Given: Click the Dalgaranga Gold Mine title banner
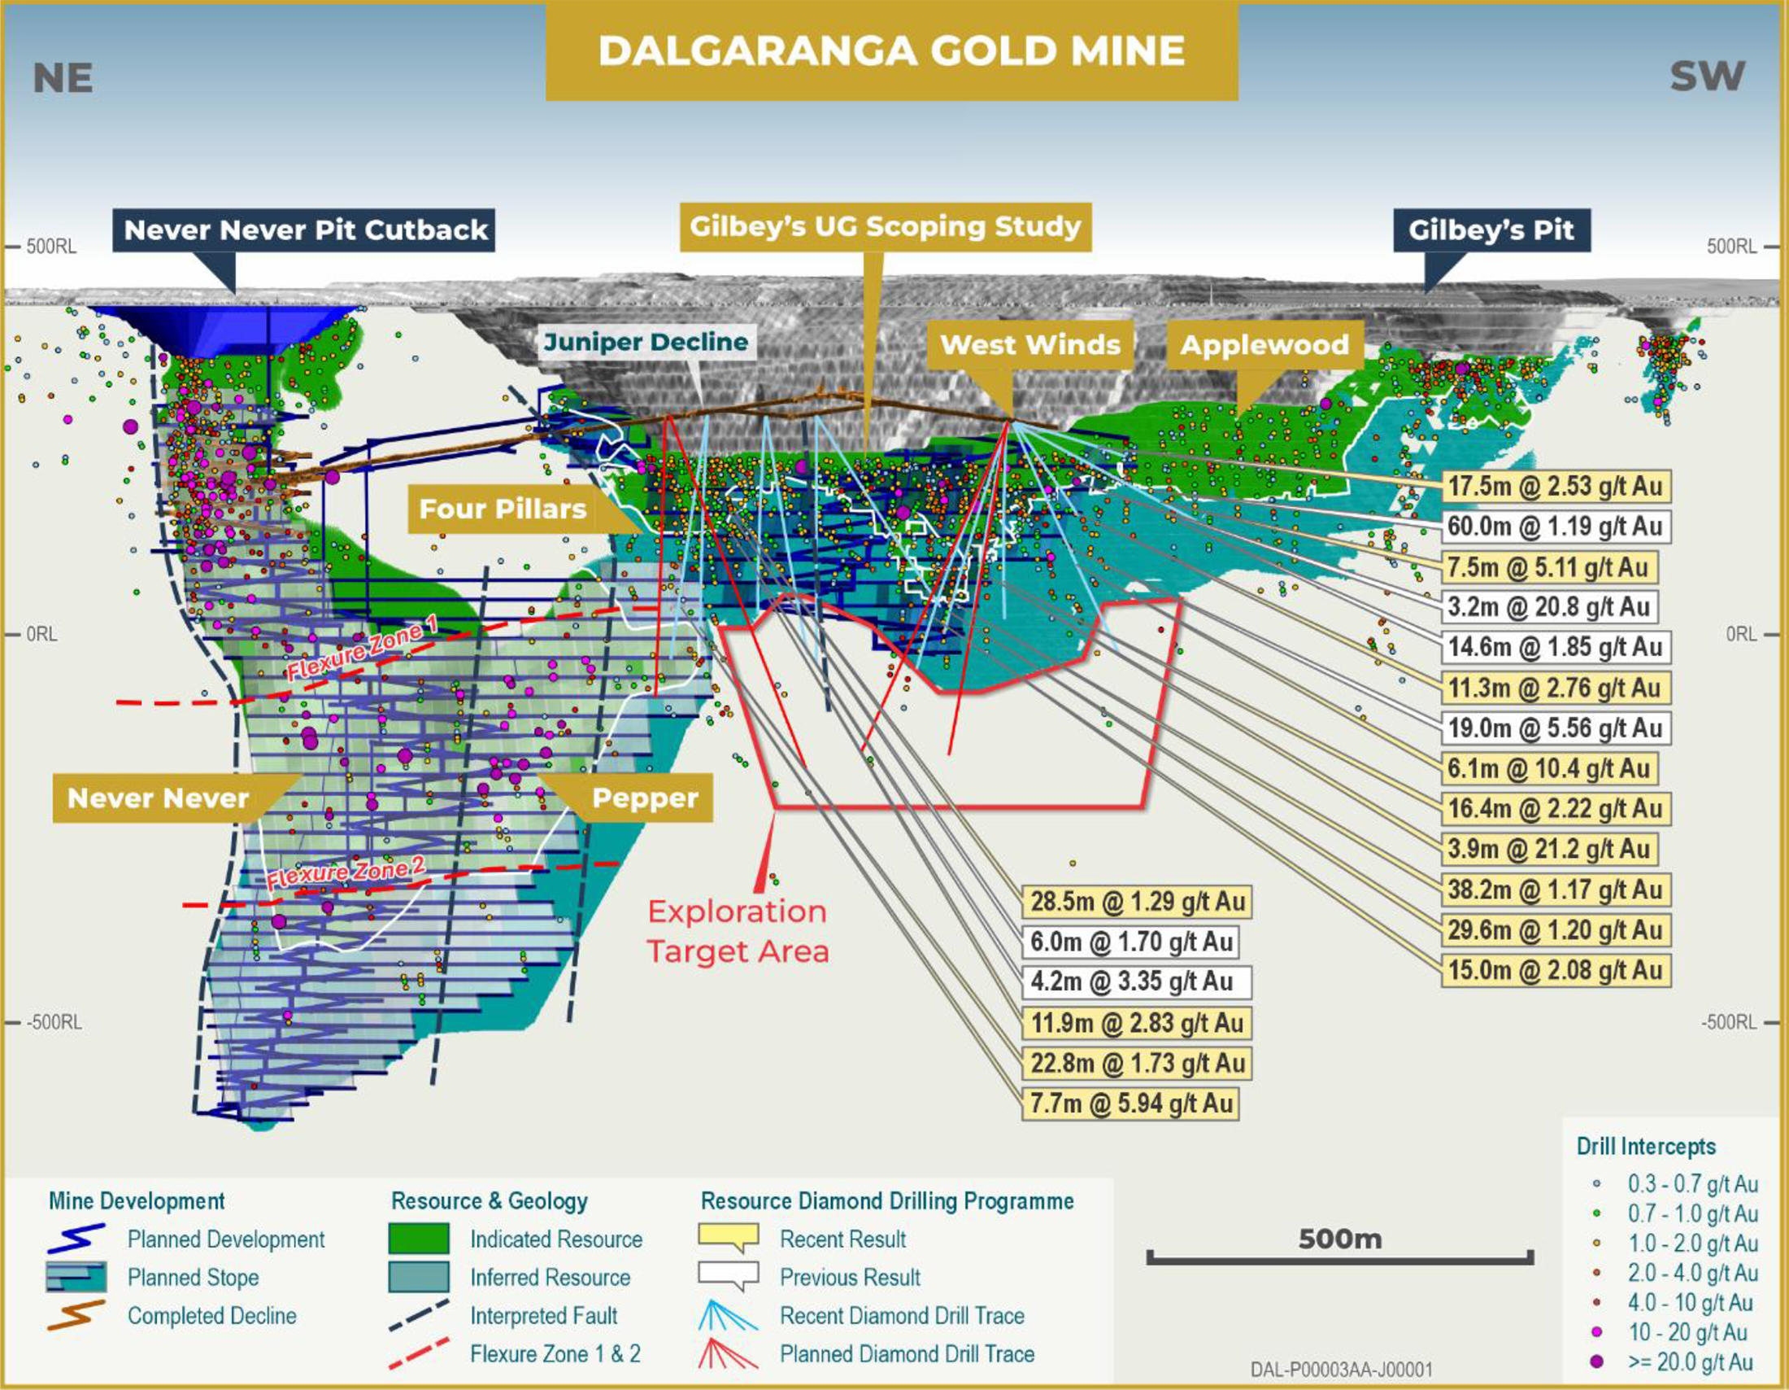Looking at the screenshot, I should tap(891, 50).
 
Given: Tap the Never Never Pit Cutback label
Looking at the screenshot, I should tap(305, 229).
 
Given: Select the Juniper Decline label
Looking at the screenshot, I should tap(646, 342).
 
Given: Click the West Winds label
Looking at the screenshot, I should tap(1029, 344).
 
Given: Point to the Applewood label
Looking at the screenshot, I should tap(1264, 344).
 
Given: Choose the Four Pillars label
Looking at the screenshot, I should tap(502, 509).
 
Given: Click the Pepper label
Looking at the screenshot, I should tap(645, 798).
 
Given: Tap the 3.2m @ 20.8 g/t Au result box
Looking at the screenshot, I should tap(1548, 607).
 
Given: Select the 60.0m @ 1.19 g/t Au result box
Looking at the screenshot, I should tap(1554, 527).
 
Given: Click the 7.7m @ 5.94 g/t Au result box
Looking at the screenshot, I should tap(1130, 1104).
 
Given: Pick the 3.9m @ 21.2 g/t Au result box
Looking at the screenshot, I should tap(1548, 849).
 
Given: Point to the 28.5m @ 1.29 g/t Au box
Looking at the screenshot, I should tap(1137, 902).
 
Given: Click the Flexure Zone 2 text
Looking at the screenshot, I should tap(346, 874).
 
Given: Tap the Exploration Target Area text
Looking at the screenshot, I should tap(738, 932).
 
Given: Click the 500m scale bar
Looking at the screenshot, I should tap(1339, 1257).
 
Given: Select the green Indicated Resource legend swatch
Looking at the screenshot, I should tap(419, 1239).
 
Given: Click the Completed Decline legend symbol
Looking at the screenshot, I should tap(76, 1314).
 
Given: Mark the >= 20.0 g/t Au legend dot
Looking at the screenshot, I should tap(1596, 1362).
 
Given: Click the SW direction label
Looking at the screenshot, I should tap(1707, 77).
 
